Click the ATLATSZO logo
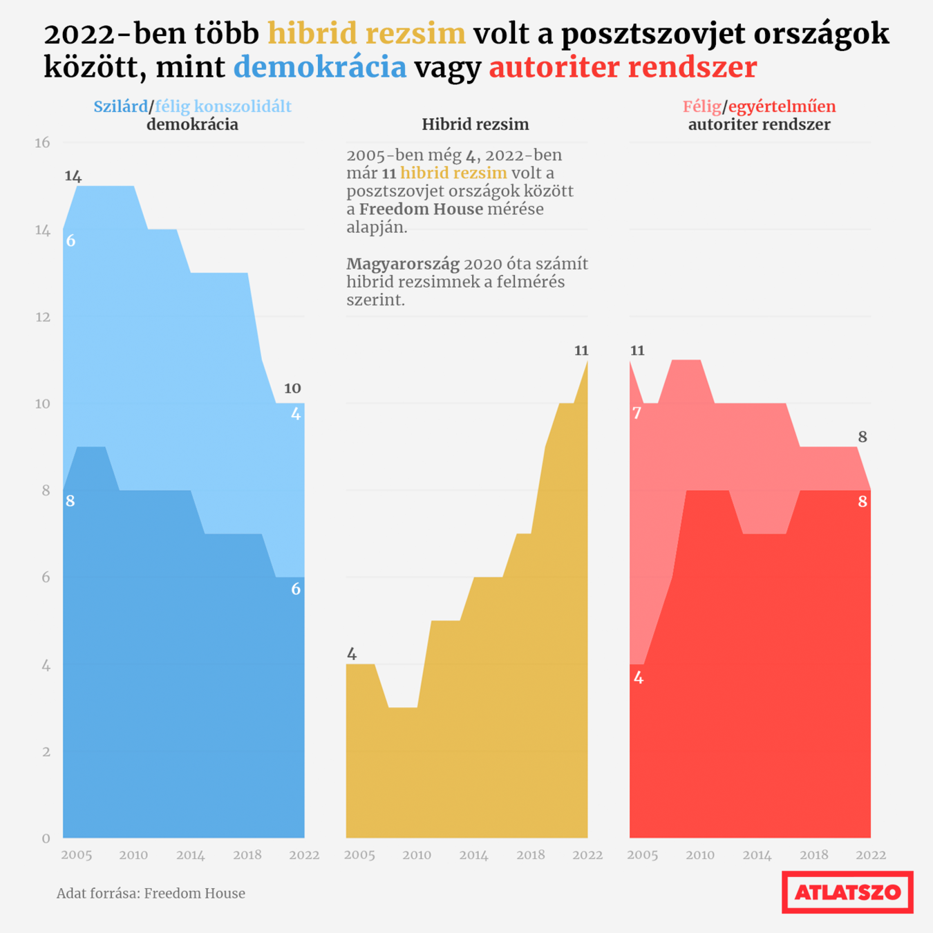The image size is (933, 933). pos(847,892)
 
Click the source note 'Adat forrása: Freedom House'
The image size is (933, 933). pos(151,894)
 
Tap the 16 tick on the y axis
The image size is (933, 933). pos(43,142)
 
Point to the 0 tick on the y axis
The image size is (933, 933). pos(46,838)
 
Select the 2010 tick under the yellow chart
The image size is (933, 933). pos(417,855)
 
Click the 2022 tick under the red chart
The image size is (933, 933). pos(871,855)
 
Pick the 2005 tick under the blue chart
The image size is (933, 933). pos(76,855)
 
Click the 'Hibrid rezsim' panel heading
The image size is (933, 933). pos(475,124)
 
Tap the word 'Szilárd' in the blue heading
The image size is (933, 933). pos(121,106)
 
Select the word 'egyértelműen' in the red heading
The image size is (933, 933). pos(782,106)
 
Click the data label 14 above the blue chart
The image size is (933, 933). pos(73,176)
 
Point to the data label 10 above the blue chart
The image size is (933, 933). pos(292,388)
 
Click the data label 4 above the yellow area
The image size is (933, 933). pos(352,654)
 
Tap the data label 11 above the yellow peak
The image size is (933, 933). pos(581,350)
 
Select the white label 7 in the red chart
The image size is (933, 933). pos(637,413)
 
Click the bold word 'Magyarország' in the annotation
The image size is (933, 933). pos(403,264)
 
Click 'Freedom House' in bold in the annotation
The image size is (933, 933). pos(421,209)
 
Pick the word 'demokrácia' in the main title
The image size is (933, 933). pos(320,67)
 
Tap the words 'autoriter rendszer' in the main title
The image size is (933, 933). pos(623,67)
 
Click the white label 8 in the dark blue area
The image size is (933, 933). pos(70,501)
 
